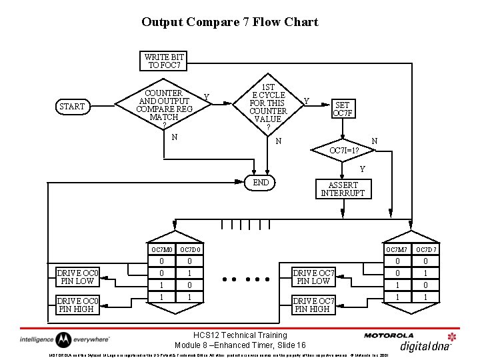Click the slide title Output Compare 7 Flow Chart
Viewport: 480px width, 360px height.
click(x=230, y=22)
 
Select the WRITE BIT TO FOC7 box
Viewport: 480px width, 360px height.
click(x=164, y=61)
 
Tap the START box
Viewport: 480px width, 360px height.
click(x=72, y=107)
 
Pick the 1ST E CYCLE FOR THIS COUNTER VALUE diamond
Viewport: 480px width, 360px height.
click(x=267, y=106)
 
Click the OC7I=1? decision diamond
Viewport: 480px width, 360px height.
click(x=345, y=150)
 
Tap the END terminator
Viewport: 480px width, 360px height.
click(x=261, y=183)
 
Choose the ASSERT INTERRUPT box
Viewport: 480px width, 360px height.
click(x=343, y=189)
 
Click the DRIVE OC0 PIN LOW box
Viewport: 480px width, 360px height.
click(x=78, y=277)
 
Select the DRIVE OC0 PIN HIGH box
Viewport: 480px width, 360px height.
click(x=78, y=305)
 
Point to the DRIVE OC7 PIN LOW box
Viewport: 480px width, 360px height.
click(x=314, y=277)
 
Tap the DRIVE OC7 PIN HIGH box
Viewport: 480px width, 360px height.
click(x=314, y=305)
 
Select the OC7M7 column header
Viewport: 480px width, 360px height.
click(x=397, y=249)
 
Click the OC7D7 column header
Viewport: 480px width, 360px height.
click(x=427, y=249)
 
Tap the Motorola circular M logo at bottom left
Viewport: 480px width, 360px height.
click(x=63, y=339)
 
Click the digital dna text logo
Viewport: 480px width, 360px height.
click(x=425, y=345)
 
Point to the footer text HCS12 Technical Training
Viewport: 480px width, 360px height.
click(x=240, y=335)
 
